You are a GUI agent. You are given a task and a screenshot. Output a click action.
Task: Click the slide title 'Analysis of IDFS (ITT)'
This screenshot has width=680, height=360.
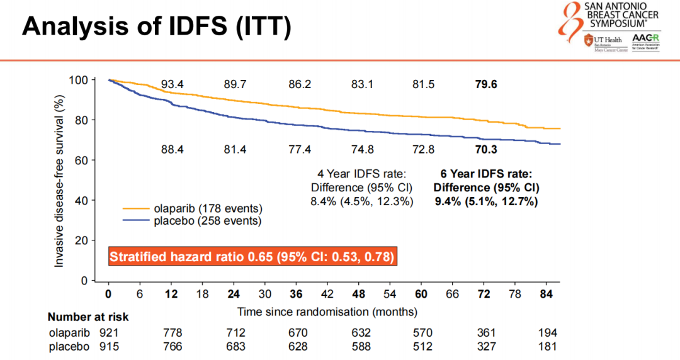coord(157,26)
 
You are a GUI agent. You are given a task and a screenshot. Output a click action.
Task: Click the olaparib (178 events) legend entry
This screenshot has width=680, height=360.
coord(192,208)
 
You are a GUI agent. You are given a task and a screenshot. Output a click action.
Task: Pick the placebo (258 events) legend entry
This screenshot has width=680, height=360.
coord(192,221)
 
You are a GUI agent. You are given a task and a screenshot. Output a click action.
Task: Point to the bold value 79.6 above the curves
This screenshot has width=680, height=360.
coord(485,84)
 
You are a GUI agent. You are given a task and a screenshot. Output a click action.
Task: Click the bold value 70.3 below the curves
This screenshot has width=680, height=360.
coord(485,149)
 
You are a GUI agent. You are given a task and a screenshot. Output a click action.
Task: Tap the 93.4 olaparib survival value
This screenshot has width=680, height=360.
coord(171,84)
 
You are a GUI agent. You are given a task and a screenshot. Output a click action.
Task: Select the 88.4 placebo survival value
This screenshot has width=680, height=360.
coord(171,149)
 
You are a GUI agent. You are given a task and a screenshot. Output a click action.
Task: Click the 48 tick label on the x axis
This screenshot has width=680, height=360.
coord(359,294)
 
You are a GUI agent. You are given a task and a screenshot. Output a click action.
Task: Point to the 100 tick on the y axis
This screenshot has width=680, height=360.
coord(81,80)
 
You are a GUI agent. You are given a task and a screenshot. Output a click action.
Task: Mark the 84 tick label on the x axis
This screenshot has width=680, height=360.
coord(547,294)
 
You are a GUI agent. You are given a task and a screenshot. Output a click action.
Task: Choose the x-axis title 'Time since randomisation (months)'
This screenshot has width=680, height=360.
coord(327,312)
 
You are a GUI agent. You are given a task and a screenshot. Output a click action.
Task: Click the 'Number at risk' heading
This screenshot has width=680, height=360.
coord(88,317)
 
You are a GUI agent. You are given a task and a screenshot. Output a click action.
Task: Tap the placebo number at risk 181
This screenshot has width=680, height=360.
coord(548,346)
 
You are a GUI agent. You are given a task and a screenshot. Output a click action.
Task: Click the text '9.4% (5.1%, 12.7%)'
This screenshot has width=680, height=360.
coord(485,201)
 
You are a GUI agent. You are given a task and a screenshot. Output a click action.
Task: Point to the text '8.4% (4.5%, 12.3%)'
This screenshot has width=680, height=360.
coord(361,201)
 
